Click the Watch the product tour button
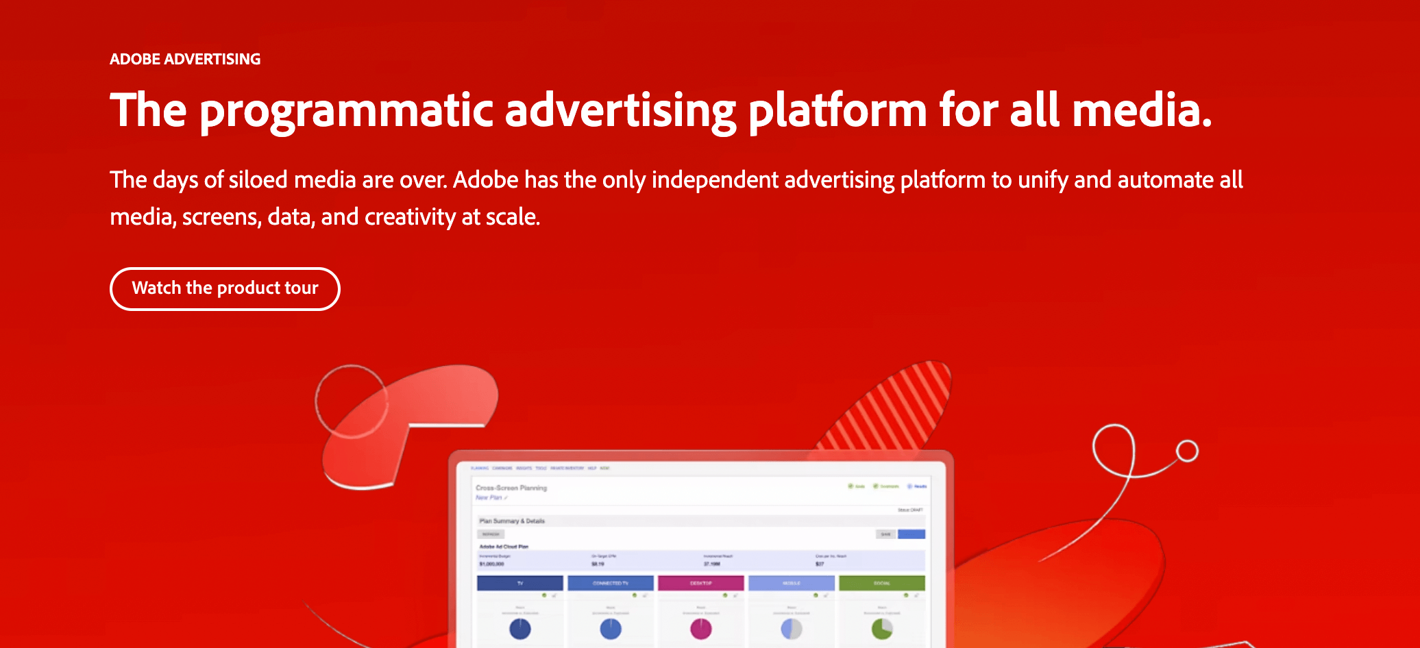point(225,288)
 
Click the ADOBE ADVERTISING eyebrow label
point(185,59)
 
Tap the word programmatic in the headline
point(346,110)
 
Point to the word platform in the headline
point(837,110)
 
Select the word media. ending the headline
point(1142,110)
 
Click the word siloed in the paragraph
point(258,179)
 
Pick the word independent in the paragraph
point(715,179)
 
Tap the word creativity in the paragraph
point(410,217)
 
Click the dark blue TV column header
point(520,583)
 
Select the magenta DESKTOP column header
point(700,583)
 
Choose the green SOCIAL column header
point(881,583)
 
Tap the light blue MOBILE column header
point(792,583)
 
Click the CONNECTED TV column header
point(610,583)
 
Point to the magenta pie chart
point(700,628)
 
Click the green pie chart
point(881,628)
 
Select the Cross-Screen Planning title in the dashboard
point(511,488)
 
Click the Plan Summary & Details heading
point(512,521)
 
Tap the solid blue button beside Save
point(911,534)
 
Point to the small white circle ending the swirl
point(1187,451)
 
